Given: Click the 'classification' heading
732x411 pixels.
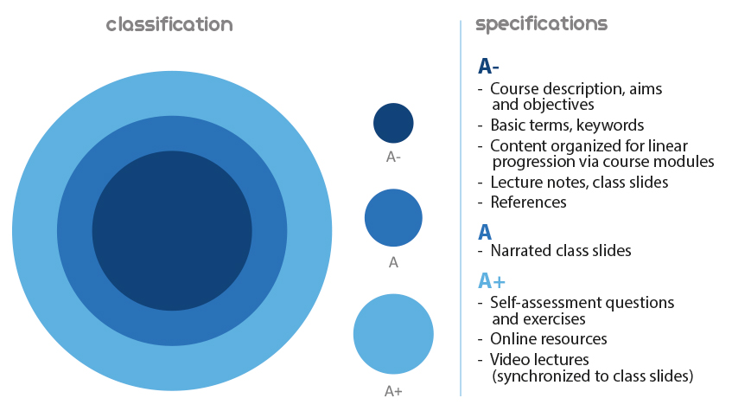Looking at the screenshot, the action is coord(169,24).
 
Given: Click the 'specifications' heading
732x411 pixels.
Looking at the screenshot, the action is coord(542,24).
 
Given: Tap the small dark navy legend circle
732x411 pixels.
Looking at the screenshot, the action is coord(393,123).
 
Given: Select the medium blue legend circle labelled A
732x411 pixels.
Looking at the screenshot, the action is coord(393,218).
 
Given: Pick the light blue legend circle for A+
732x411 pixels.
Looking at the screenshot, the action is coord(393,334).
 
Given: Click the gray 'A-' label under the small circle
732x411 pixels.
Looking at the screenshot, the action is coord(393,157).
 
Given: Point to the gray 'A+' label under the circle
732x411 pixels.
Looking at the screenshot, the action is coord(393,391).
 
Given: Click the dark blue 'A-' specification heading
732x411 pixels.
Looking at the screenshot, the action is coord(488,67).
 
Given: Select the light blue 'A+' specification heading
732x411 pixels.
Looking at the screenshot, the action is coord(492,281).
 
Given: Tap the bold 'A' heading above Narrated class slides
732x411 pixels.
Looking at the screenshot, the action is coord(485,233).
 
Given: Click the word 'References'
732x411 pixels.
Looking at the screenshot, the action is coord(528,202).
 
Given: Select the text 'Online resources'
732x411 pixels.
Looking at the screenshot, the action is coord(549,338).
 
